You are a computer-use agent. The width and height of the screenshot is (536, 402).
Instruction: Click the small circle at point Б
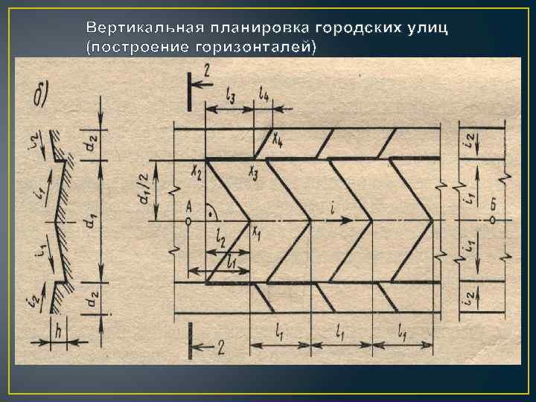[492, 220]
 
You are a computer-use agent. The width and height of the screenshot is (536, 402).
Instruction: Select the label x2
[196, 172]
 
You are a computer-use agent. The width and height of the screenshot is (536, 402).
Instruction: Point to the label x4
[278, 138]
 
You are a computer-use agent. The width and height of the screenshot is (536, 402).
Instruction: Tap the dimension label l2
[220, 239]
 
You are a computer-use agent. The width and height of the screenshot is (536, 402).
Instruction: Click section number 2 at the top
[206, 71]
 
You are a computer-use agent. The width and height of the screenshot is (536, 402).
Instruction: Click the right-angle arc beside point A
[211, 211]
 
